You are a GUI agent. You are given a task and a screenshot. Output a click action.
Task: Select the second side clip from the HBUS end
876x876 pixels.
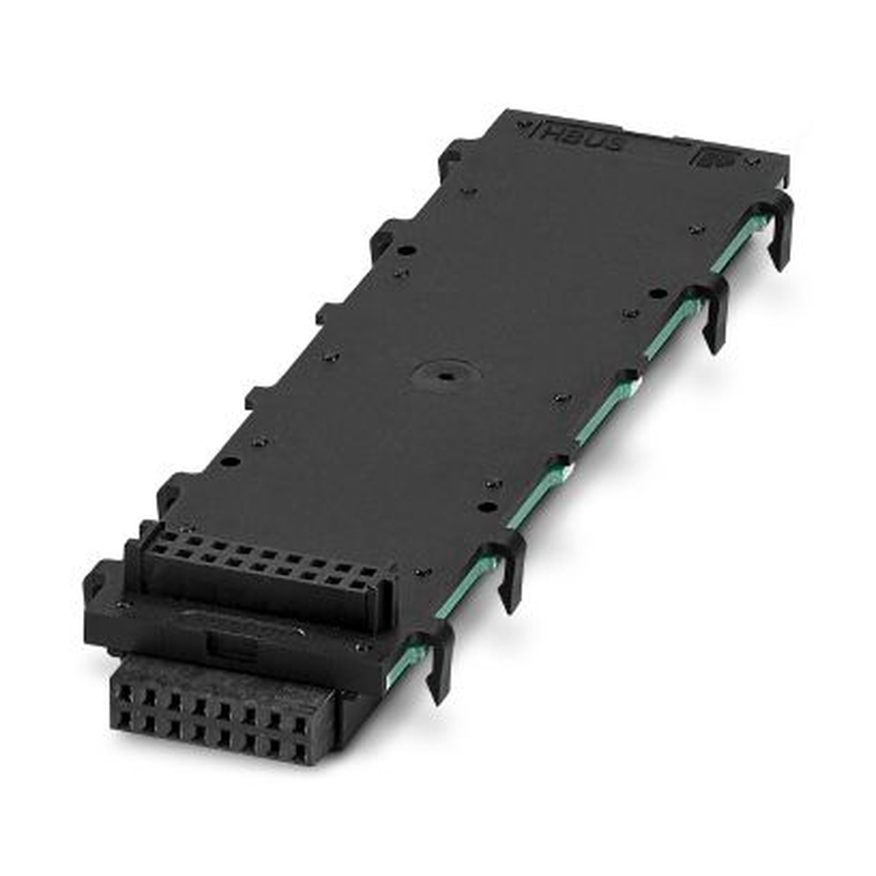[x=711, y=311]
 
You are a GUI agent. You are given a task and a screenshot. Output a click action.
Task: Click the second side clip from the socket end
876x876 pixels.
[x=506, y=569]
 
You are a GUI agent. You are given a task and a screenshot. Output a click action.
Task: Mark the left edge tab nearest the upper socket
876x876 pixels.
[x=171, y=491]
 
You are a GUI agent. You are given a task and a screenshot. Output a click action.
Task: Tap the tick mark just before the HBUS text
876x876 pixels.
[x=526, y=128]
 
